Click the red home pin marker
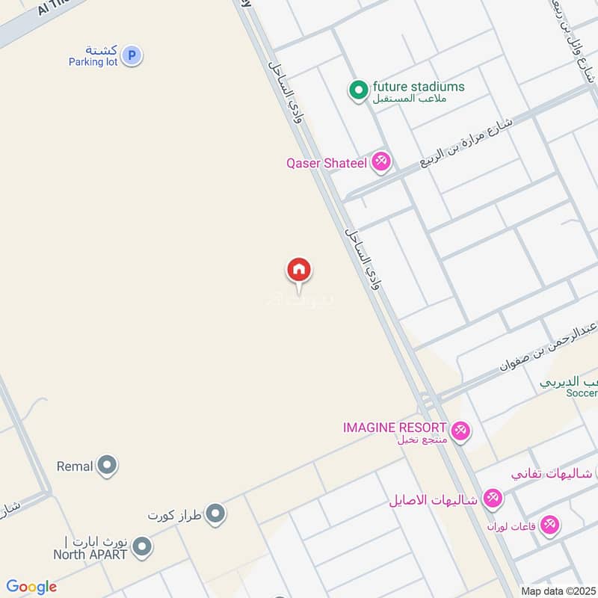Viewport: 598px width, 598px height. click(x=299, y=270)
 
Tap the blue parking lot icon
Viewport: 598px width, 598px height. click(x=132, y=55)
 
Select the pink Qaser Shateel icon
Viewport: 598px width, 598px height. click(x=381, y=161)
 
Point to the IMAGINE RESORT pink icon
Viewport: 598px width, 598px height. click(x=460, y=430)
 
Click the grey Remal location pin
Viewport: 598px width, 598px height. click(x=108, y=466)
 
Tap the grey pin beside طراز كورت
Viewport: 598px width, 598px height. click(x=215, y=514)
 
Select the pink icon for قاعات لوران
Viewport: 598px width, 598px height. click(x=550, y=525)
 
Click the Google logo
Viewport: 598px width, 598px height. click(x=31, y=587)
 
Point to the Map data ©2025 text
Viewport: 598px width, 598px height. click(x=558, y=591)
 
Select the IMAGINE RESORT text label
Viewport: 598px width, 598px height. click(x=395, y=428)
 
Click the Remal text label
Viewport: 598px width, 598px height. click(x=75, y=466)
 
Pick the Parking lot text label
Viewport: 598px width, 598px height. click(x=93, y=62)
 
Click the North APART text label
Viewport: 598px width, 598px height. click(x=90, y=555)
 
